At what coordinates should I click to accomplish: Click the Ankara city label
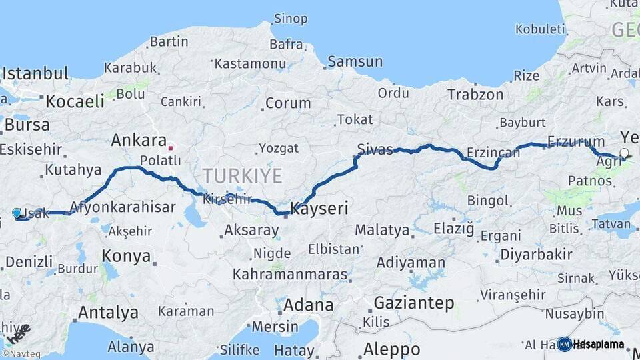click(x=139, y=141)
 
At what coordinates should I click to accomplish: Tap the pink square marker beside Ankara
click(x=171, y=148)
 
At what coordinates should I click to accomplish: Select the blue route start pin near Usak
click(x=17, y=213)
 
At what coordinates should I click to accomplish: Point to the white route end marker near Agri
click(x=624, y=153)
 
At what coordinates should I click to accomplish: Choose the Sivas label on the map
click(x=375, y=149)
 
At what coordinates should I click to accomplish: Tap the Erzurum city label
click(x=576, y=141)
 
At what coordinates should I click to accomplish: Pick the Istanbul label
click(x=35, y=73)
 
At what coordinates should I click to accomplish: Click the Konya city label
click(x=127, y=255)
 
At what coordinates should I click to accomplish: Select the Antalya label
click(x=108, y=312)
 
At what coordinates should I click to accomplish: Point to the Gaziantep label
click(x=414, y=303)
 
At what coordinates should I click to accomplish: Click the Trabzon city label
click(x=475, y=95)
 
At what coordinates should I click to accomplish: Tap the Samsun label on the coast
click(x=355, y=62)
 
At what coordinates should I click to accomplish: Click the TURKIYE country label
click(x=243, y=176)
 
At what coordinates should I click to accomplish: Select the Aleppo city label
click(x=392, y=349)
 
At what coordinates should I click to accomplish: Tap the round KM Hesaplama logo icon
click(x=565, y=344)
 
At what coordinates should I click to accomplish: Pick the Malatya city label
click(x=381, y=230)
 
